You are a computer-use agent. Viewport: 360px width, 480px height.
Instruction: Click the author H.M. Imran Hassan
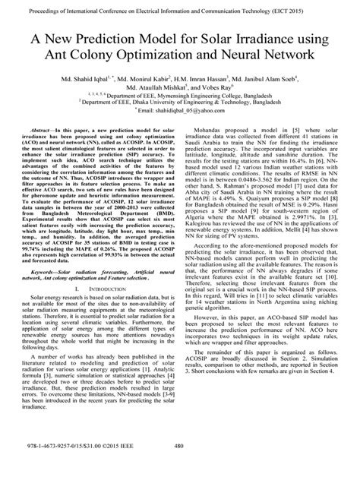click(191, 79)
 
